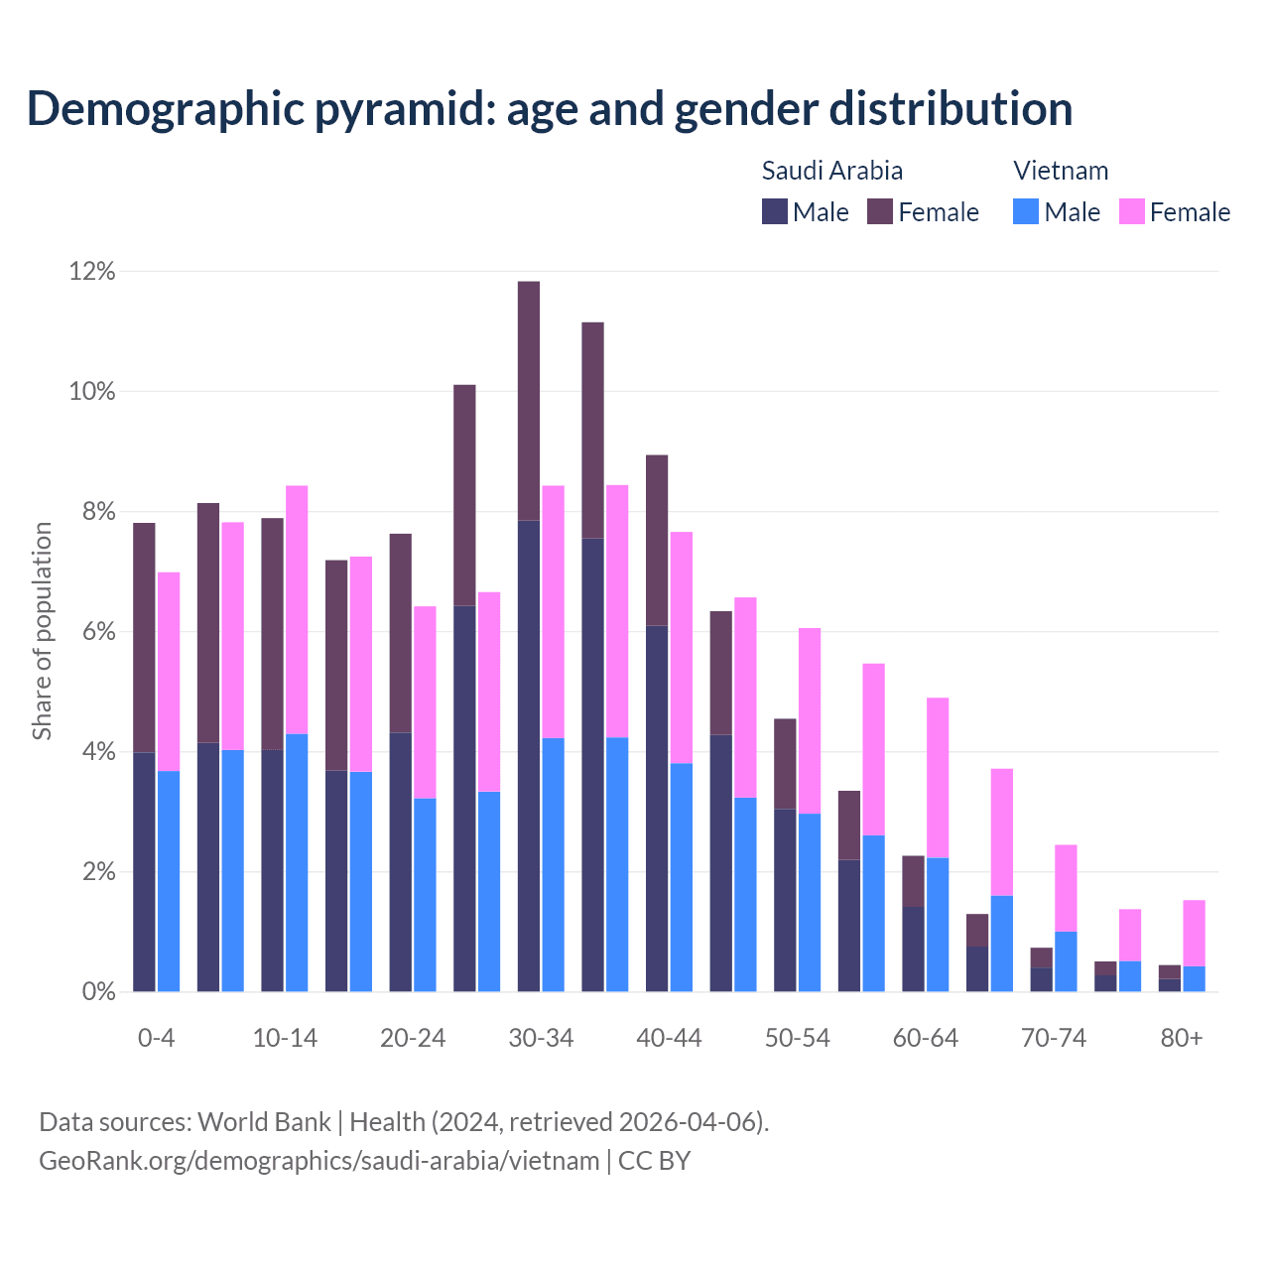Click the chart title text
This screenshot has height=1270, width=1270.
550,108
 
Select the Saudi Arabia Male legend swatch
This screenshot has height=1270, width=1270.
774,211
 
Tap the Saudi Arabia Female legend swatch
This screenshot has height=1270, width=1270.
880,211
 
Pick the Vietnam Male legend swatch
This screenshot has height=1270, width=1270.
1026,211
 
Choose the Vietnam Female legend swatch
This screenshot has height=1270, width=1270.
1132,211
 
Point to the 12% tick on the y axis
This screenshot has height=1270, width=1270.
92,271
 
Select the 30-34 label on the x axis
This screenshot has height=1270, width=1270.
541,1038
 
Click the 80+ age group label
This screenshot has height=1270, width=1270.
1182,1038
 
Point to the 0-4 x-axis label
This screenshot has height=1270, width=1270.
157,1038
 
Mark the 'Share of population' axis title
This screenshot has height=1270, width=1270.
42,631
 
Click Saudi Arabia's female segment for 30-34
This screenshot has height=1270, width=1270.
529,401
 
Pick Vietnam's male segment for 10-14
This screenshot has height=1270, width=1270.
297,863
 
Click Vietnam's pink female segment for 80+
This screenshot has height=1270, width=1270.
1194,933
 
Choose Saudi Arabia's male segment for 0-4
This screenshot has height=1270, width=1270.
144,872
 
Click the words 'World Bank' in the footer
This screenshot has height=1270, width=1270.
265,1122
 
